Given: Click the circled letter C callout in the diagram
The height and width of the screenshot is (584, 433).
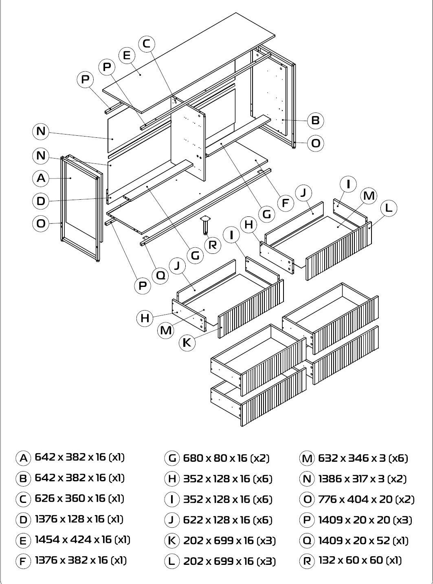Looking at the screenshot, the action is tap(147, 44).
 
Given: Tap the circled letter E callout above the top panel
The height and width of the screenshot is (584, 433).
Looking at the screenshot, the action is tap(127, 55).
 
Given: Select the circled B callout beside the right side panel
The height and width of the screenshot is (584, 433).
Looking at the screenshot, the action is tap(315, 121).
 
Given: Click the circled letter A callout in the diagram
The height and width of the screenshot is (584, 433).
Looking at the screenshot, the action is tap(41, 179).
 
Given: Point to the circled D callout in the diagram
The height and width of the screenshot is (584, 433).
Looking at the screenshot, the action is tap(41, 201).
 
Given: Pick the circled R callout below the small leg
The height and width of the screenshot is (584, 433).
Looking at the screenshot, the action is tap(213, 245).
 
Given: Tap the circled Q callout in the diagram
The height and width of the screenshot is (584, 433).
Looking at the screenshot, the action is tap(160, 275).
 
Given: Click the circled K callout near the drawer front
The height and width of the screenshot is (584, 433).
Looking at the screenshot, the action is tap(187, 343).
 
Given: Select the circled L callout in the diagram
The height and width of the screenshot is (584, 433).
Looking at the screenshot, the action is tap(389, 208).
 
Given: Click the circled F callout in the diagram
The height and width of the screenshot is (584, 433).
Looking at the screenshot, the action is tap(286, 203).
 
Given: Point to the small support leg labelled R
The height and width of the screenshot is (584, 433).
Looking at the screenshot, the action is tap(205, 225).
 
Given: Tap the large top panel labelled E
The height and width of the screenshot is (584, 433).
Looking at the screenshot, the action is tap(189, 63).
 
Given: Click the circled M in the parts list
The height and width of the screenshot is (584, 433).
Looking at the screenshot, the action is tap(307, 458).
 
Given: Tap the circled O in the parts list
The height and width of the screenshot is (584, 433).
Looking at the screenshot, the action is tap(307, 499).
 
